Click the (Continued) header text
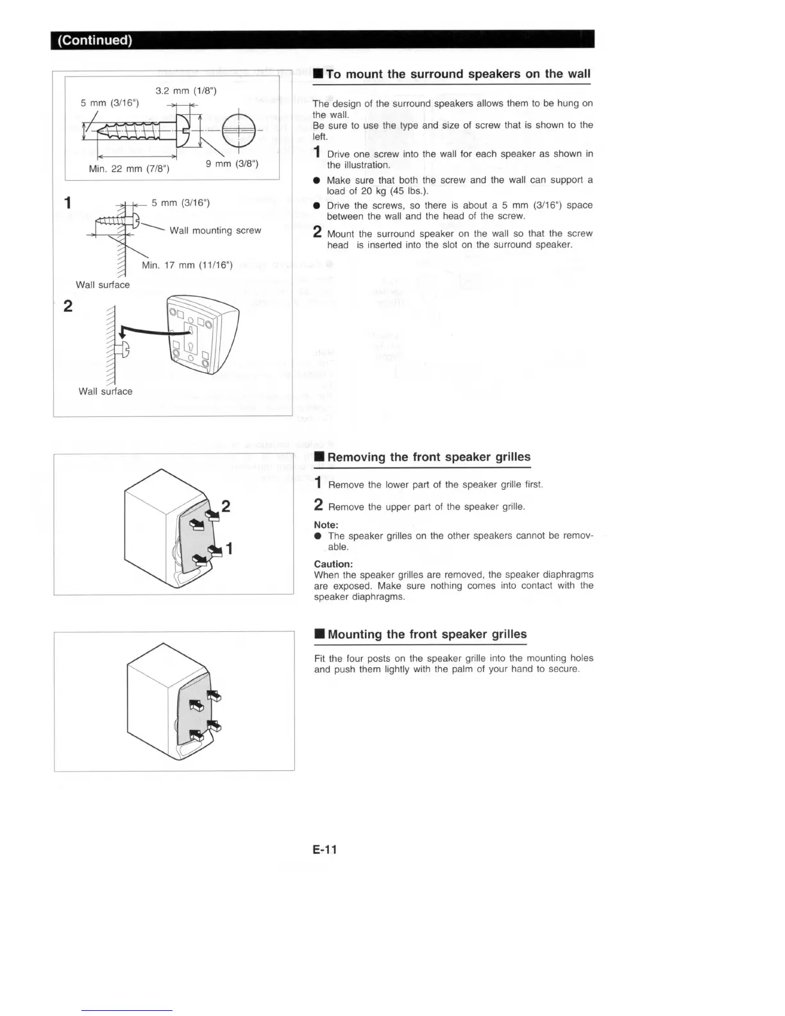coord(95,40)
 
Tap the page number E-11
coord(325,849)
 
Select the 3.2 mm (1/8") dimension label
coord(186,90)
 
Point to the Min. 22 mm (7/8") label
coord(129,169)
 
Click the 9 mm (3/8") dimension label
coord(232,164)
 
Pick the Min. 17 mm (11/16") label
coord(187,265)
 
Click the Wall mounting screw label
coord(215,230)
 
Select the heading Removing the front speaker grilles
coord(428,457)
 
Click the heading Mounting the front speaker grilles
coord(427,634)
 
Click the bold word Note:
coord(326,525)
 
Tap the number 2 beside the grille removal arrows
coord(226,507)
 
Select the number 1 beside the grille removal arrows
coord(230,549)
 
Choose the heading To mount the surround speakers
coord(458,74)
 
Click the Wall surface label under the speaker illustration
coord(106,391)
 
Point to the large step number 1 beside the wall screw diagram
coord(68,203)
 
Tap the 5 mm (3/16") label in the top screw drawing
coord(110,103)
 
